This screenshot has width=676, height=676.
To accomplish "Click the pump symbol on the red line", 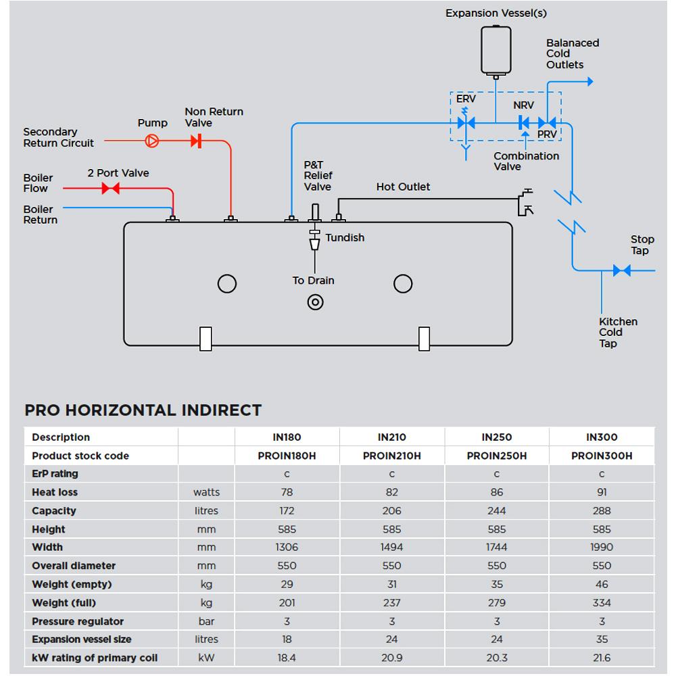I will coord(152,141).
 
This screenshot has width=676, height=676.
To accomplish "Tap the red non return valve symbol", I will coord(196,141).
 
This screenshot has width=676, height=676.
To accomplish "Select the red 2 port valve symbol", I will coord(110,189).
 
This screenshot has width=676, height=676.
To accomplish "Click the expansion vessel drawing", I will coord(496,49).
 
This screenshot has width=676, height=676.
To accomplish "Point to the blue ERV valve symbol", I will coord(466,122).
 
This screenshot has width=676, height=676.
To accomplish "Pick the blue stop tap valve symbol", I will coord(621,270).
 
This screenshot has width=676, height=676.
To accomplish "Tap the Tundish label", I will coord(345,238).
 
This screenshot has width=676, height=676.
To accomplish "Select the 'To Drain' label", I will coord(313,281).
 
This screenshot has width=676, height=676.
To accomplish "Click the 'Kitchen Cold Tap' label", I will coord(618,333).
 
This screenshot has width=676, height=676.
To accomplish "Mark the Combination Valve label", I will coord(526,161).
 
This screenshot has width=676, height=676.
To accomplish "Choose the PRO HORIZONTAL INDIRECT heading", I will coord(143,410).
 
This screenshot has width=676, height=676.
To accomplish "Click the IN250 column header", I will coord(496,437).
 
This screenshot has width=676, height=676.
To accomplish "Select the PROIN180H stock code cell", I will coord(287,456).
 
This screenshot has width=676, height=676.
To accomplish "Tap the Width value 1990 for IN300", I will coord(601,547).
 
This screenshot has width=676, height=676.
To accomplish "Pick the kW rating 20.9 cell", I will coord(391,658).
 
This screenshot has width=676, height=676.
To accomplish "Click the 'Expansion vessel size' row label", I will coord(82,639).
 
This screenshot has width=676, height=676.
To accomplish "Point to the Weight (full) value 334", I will coord(601,602).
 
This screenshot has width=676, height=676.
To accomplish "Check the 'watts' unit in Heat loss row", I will coord(206,492).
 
